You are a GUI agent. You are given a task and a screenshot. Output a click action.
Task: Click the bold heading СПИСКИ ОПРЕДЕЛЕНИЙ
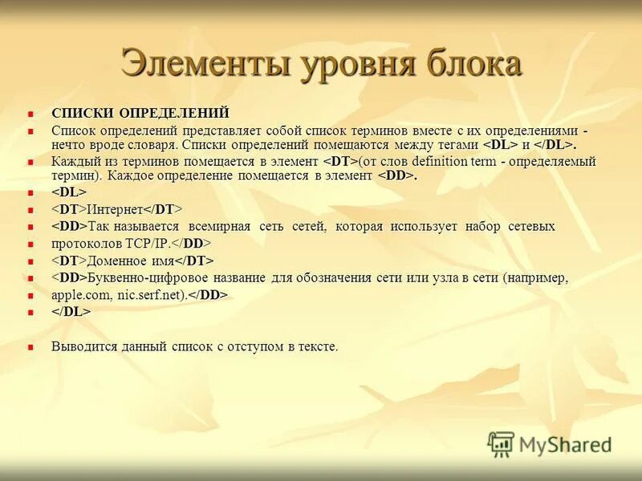coord(140,112)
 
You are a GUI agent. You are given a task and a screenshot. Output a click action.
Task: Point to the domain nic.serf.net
coord(151,295)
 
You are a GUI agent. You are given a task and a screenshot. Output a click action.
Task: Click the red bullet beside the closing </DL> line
coord(32,313)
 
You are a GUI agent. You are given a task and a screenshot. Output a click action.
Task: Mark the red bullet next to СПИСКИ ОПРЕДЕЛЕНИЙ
coord(32,113)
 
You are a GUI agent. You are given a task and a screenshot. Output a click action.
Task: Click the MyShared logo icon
coord(501,443)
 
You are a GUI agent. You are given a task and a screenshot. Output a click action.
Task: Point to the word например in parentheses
coord(536,277)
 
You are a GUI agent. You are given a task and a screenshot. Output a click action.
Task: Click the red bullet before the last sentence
coord(32,347)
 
